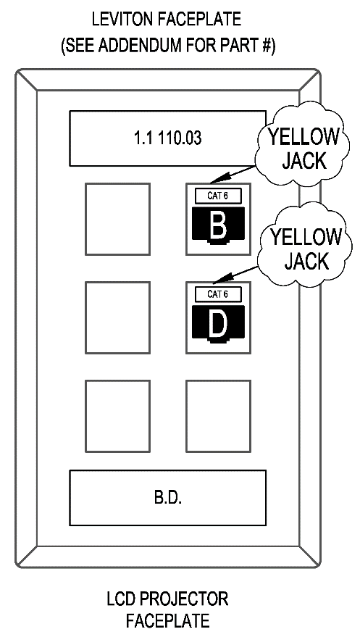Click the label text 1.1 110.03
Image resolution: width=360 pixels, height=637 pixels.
[x=167, y=138]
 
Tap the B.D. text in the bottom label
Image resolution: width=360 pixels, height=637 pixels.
[x=167, y=498]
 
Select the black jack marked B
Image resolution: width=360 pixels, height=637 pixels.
[x=218, y=226]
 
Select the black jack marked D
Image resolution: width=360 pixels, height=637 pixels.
[x=218, y=324]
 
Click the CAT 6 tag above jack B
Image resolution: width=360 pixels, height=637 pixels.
[x=218, y=196]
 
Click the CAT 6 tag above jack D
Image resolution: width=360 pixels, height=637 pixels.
[x=218, y=294]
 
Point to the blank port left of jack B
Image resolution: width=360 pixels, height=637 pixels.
[x=117, y=219]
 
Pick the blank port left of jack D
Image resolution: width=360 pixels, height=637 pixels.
[x=117, y=317]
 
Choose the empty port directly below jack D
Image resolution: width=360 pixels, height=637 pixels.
[x=218, y=416]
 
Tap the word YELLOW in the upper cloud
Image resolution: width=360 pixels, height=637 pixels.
[x=304, y=137]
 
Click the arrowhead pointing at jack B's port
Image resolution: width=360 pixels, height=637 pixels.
[x=218, y=178]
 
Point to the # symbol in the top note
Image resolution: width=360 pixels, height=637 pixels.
[x=265, y=46]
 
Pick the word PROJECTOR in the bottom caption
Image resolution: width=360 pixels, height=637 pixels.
[x=184, y=599]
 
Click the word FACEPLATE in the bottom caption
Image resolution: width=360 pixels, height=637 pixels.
[x=167, y=621]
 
